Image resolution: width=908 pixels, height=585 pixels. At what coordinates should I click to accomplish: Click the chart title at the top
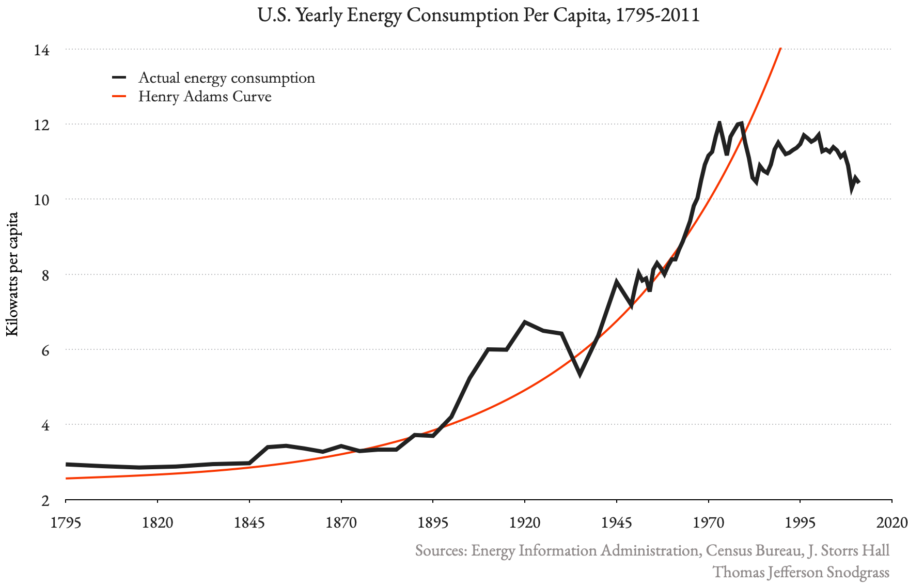pyautogui.click(x=478, y=15)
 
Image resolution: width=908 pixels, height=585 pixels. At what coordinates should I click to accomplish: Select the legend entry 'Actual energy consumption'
pyautogui.click(x=226, y=78)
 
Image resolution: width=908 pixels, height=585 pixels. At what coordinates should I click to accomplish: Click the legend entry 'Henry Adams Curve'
pyautogui.click(x=205, y=97)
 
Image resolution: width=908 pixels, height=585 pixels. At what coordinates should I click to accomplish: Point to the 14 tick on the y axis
pyautogui.click(x=42, y=50)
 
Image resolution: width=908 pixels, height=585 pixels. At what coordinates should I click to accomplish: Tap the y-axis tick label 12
pyautogui.click(x=42, y=125)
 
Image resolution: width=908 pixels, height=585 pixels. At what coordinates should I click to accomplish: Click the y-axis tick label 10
pyautogui.click(x=42, y=200)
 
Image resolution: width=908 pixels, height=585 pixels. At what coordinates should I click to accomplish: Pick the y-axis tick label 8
pyautogui.click(x=45, y=275)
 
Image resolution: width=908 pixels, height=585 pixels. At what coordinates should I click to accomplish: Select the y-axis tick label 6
pyautogui.click(x=45, y=350)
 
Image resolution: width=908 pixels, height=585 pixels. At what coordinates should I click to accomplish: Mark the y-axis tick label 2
pyautogui.click(x=45, y=500)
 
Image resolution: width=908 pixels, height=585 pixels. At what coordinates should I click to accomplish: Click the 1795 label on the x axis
pyautogui.click(x=66, y=522)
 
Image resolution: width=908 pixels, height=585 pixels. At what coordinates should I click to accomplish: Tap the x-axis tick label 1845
pyautogui.click(x=249, y=522)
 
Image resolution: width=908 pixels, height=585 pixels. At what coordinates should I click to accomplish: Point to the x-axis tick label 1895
pyautogui.click(x=433, y=522)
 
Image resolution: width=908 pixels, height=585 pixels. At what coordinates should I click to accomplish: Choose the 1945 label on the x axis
pyautogui.click(x=616, y=522)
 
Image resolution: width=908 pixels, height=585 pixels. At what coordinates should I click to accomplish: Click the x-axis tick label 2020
pyautogui.click(x=891, y=522)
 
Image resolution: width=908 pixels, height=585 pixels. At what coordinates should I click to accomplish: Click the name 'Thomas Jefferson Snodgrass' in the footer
pyautogui.click(x=801, y=572)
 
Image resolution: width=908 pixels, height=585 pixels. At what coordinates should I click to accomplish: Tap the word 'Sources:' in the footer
pyautogui.click(x=441, y=550)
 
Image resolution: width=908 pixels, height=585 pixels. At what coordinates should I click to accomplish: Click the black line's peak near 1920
pyautogui.click(x=525, y=321)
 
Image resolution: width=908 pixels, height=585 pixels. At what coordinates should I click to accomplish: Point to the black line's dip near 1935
pyautogui.click(x=580, y=374)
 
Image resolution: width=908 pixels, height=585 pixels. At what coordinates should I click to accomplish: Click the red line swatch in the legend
pyautogui.click(x=119, y=97)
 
